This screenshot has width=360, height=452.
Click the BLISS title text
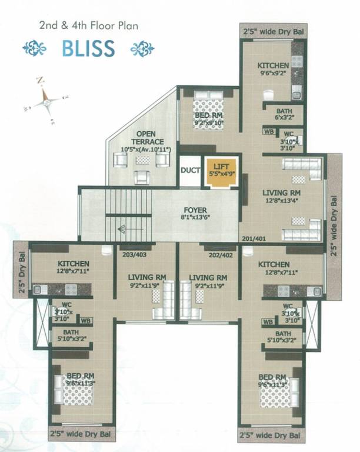[88, 48]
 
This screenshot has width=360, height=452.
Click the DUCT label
[190, 171]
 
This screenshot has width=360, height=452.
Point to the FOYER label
[195, 211]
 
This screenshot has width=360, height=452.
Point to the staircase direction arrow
[130, 230]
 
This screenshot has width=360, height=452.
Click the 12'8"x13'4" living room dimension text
[283, 202]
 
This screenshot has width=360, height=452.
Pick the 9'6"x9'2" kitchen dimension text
[272, 75]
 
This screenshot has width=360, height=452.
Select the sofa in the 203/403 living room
[165, 300]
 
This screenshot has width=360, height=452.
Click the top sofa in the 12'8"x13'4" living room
[301, 169]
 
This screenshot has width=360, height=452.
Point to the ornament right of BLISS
[142, 48]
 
